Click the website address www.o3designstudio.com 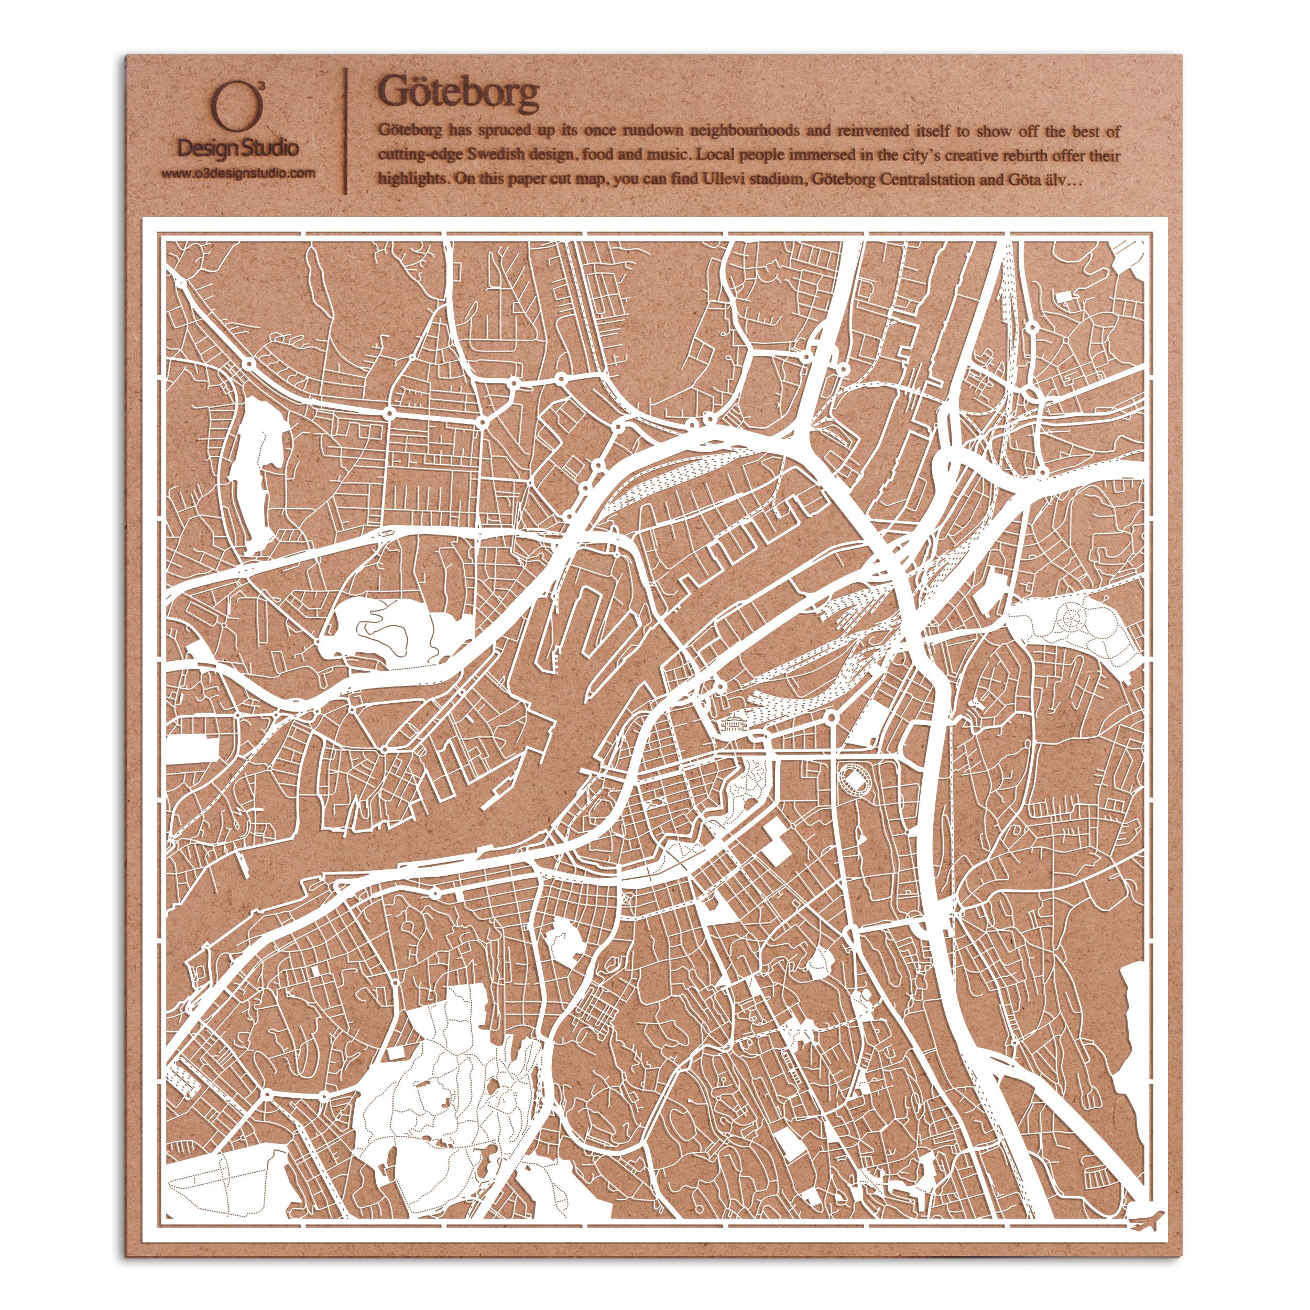(238, 173)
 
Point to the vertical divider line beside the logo (347, 130)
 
